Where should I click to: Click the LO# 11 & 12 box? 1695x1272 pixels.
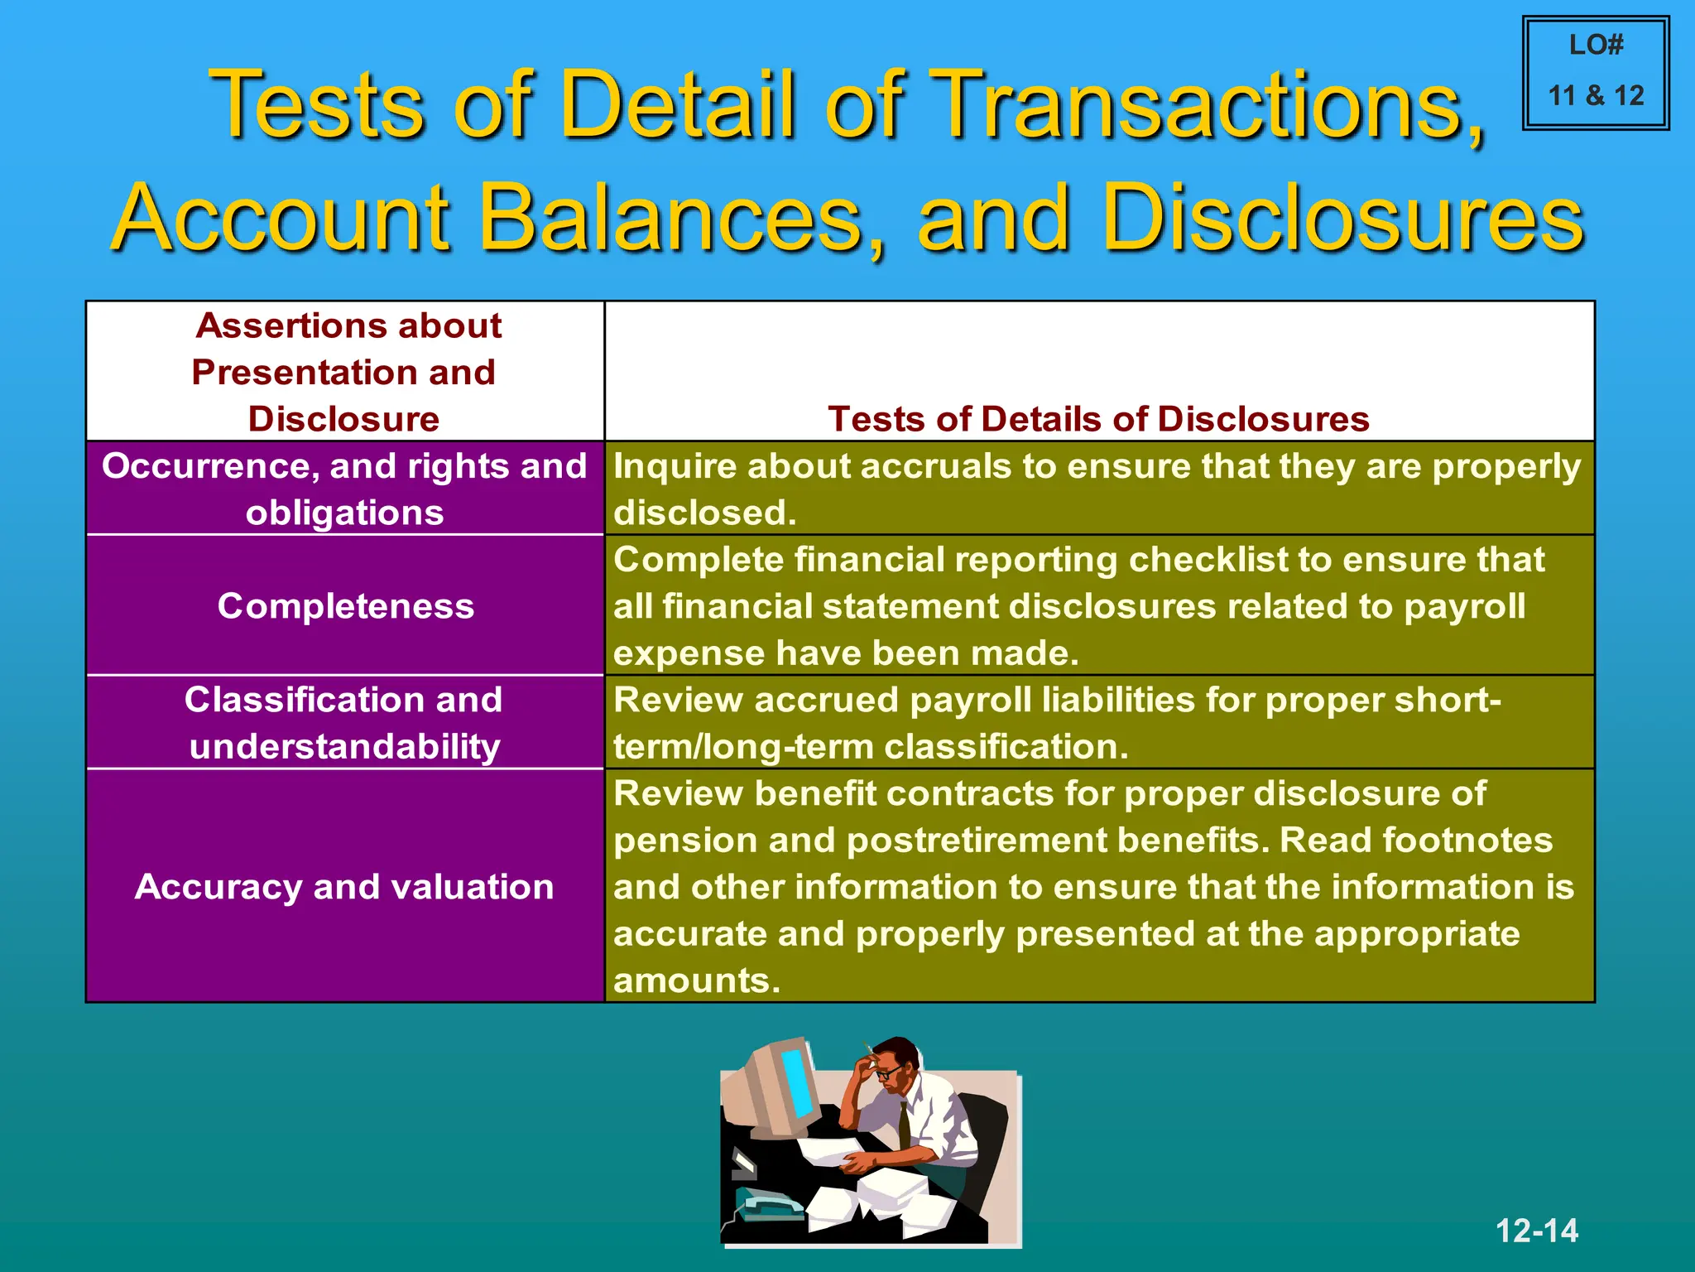coord(1596,73)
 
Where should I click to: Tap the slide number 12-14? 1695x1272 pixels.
coord(1536,1231)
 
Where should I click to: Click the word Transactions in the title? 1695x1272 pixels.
coord(1205,105)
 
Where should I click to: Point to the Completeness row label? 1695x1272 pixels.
coord(346,606)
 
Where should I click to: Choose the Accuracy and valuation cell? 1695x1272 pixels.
coord(344,887)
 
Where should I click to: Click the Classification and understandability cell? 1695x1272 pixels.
coord(344,723)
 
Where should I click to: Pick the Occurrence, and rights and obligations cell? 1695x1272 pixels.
coord(344,489)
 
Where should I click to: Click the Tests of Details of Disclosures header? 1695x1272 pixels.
coord(1098,419)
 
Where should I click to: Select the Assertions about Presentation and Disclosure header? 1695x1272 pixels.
coord(346,372)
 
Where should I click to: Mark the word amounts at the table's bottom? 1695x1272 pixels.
coord(696,981)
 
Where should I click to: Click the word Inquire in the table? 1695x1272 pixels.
coord(675,466)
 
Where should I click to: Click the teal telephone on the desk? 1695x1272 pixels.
coord(766,1205)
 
